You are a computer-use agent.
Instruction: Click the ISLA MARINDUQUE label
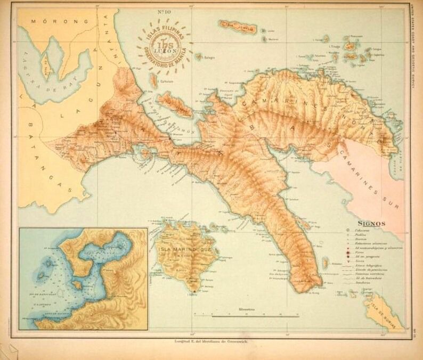pos(185,249)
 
